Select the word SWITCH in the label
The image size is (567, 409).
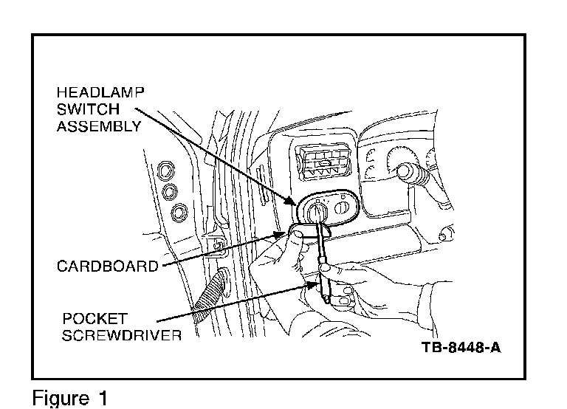87,109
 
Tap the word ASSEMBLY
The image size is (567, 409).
100,126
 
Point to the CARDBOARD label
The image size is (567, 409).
108,266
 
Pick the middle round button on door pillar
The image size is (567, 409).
172,192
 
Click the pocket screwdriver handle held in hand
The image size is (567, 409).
325,284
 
